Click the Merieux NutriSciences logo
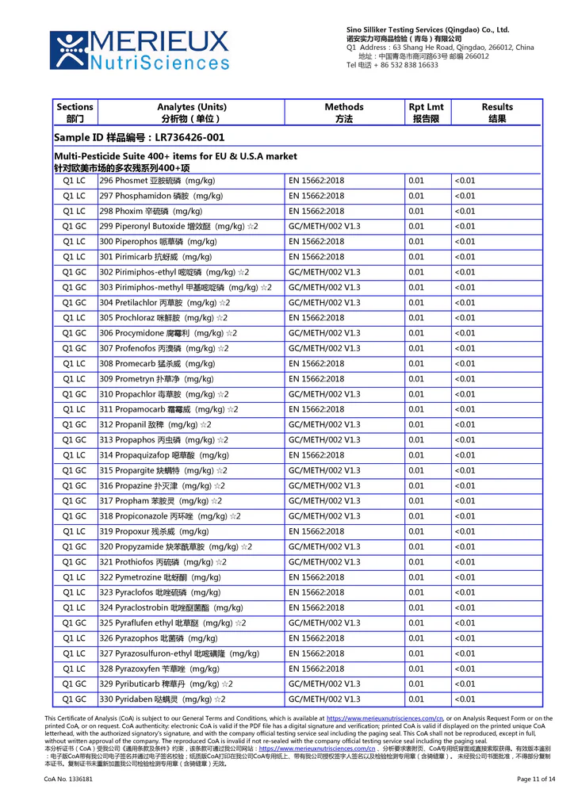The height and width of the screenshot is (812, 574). coord(140,49)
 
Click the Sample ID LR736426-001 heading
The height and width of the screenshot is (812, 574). coord(139,137)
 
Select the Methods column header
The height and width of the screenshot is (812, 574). coord(344,113)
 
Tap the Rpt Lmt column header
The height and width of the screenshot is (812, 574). coord(426,113)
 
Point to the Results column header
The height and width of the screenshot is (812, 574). coord(497,113)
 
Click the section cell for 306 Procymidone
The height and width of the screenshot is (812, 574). coord(75,333)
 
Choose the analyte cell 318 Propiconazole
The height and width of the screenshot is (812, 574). coord(170,516)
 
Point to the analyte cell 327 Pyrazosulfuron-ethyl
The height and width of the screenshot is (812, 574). coord(179,653)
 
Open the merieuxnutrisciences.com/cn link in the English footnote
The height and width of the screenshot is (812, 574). coord(385,718)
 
